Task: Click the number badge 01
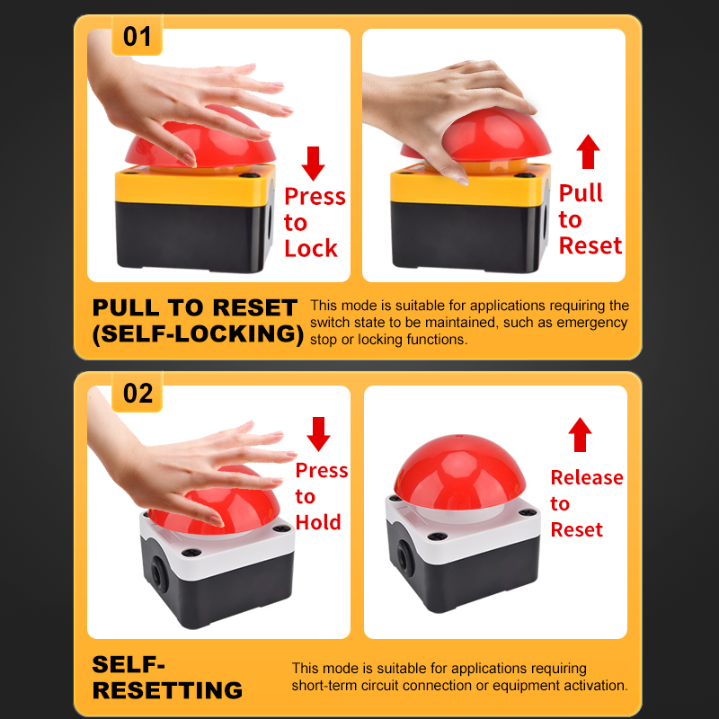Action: click(x=138, y=37)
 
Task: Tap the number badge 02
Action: click(x=138, y=394)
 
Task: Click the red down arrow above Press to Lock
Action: click(x=313, y=164)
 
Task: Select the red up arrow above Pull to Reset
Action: click(x=588, y=151)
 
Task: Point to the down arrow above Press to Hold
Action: click(x=318, y=434)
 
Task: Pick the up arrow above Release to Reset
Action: click(x=580, y=434)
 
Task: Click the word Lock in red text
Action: click(x=311, y=249)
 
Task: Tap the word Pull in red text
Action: click(x=581, y=193)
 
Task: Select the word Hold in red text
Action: click(x=318, y=522)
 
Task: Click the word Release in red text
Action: click(x=587, y=478)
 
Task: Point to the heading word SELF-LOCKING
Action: click(x=198, y=333)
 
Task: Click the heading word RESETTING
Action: click(x=167, y=690)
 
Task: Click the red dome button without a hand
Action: click(x=460, y=472)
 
